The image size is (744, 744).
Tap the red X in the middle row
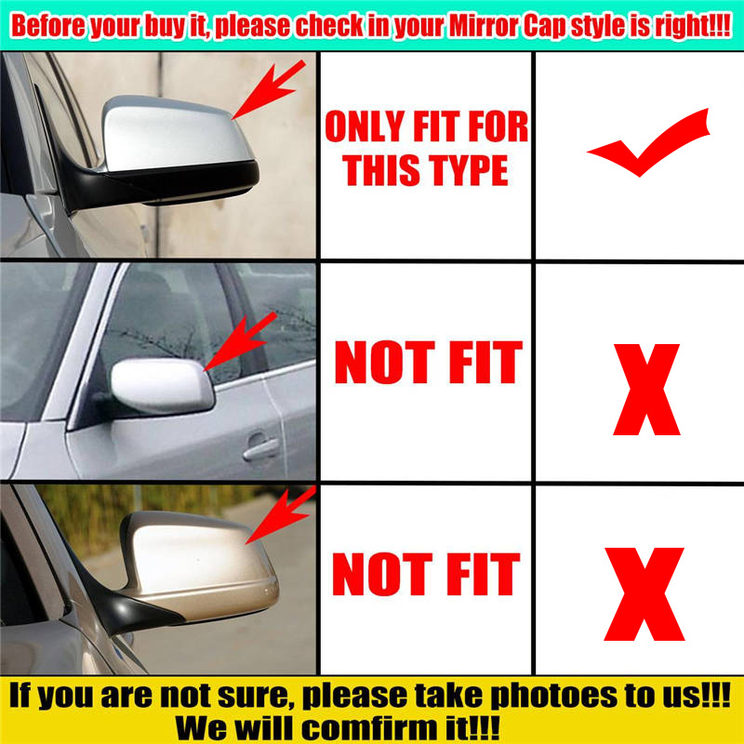[646, 390]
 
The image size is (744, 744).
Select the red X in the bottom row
[644, 593]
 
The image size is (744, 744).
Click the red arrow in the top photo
[269, 89]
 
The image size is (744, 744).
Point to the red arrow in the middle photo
[240, 341]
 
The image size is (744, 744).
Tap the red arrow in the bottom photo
[281, 515]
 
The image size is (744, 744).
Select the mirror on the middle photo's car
[162, 385]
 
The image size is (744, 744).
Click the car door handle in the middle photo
[260, 447]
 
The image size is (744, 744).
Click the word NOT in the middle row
[385, 363]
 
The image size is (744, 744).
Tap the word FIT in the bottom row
[483, 574]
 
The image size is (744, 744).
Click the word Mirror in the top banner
[484, 25]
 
